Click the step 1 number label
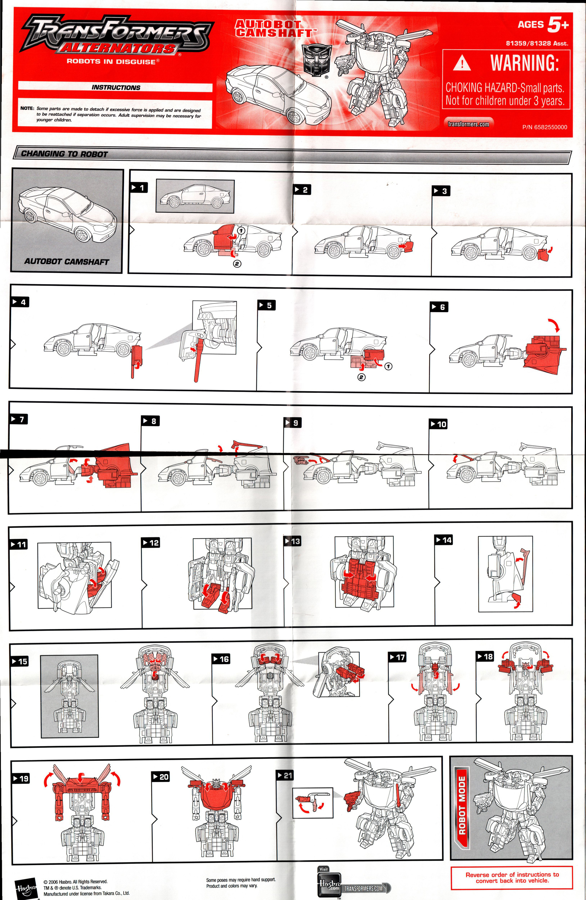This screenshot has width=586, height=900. click(139, 187)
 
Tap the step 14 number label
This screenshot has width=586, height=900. click(444, 540)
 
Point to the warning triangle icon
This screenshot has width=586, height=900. click(462, 63)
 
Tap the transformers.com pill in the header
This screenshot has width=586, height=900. click(468, 124)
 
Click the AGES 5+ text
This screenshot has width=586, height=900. click(543, 25)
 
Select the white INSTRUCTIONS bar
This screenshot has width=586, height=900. click(115, 87)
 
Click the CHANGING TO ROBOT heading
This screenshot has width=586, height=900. click(64, 154)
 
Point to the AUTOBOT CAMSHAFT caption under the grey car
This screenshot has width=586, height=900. click(67, 262)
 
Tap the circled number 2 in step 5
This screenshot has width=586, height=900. click(361, 377)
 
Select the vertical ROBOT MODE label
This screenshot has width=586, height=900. click(462, 805)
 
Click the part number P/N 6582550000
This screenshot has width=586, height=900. click(544, 127)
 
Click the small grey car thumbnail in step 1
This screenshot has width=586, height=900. click(195, 196)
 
